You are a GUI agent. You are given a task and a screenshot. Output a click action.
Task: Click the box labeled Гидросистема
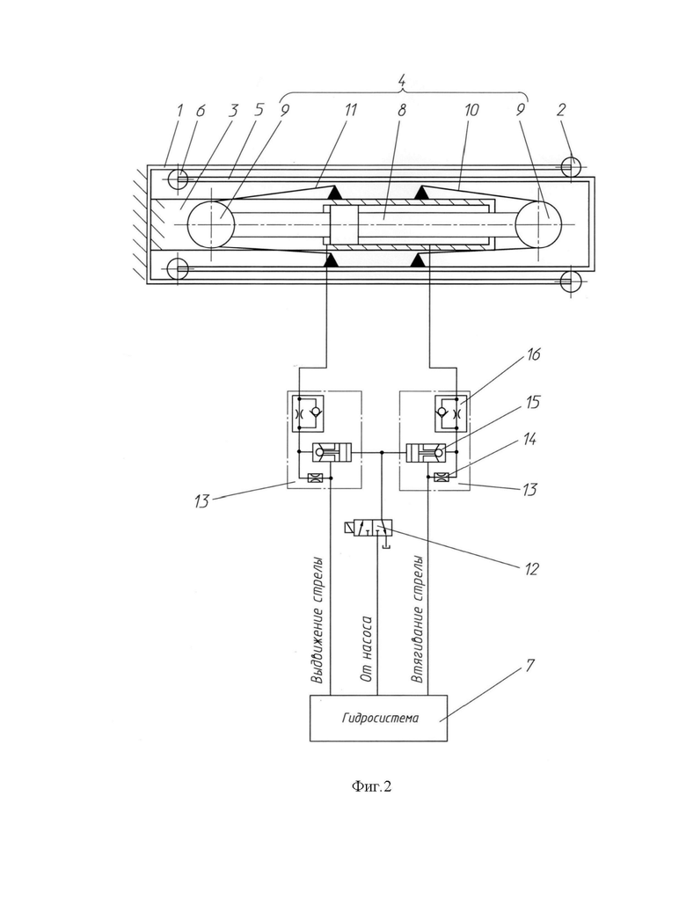point(378,719)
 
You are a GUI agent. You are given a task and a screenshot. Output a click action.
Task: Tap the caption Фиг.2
point(371,787)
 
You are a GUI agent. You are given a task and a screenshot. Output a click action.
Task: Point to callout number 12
point(531,569)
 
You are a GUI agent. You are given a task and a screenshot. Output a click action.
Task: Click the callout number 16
point(532,354)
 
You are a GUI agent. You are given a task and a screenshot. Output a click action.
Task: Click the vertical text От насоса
point(367,649)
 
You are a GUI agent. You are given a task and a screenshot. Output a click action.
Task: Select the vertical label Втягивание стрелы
point(418,619)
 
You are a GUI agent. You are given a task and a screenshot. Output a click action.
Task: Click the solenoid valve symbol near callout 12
point(368,528)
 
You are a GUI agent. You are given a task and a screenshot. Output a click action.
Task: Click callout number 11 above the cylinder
point(350,109)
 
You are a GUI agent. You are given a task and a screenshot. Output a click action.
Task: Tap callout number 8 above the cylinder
point(401,110)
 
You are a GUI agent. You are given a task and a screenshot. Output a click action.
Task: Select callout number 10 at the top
point(471,109)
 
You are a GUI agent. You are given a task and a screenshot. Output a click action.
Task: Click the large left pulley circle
point(210,224)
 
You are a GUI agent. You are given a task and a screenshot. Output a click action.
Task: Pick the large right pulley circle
point(538,224)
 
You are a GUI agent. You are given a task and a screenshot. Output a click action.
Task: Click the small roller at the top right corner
point(571,166)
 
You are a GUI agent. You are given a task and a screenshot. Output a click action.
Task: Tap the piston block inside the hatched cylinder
point(344,225)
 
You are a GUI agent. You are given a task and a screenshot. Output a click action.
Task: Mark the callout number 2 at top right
point(561,110)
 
